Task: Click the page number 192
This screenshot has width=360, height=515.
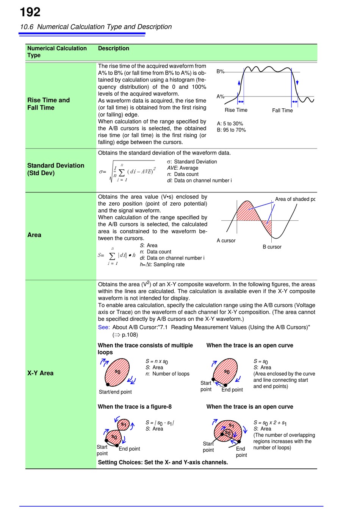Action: click(x=30, y=12)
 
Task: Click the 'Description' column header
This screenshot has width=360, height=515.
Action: click(x=113, y=48)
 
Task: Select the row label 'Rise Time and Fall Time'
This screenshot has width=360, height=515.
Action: click(x=49, y=104)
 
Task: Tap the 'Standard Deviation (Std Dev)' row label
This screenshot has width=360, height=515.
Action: click(x=56, y=169)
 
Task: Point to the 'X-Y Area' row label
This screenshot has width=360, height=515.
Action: click(x=40, y=373)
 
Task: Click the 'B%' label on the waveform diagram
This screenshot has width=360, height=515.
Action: click(x=220, y=71)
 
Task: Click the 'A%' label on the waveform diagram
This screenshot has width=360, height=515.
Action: click(x=220, y=97)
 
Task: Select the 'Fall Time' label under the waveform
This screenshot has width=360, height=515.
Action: click(x=282, y=110)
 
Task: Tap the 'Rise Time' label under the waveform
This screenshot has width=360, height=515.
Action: click(x=236, y=110)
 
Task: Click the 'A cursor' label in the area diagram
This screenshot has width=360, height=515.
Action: click(x=226, y=240)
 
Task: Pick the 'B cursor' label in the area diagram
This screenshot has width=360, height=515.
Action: click(x=272, y=247)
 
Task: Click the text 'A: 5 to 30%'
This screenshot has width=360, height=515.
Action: click(x=230, y=123)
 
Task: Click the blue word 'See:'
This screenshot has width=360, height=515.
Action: click(x=104, y=327)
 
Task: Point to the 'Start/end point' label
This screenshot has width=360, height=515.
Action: click(x=115, y=392)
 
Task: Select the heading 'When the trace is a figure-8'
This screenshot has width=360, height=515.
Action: click(x=135, y=407)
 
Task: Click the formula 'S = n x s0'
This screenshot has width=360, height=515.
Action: click(x=157, y=362)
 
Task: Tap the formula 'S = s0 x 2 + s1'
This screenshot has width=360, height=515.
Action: click(x=270, y=423)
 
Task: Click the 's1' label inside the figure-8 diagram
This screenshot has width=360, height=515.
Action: click(x=124, y=424)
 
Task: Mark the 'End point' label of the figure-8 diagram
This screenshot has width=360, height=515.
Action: click(x=129, y=449)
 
